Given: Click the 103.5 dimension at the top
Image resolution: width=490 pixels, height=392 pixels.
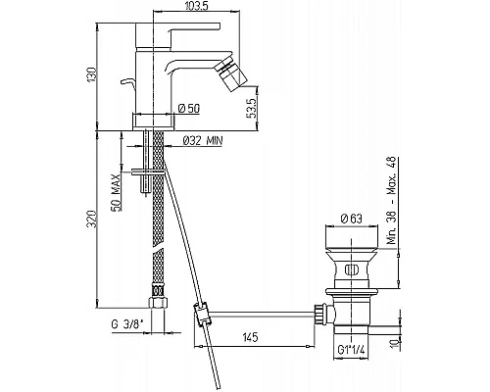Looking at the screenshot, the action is tap(196, 6).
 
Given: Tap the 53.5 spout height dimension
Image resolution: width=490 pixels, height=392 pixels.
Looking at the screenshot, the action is tap(252, 108).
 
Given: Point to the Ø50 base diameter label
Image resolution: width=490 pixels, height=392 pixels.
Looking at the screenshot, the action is tap(189, 108).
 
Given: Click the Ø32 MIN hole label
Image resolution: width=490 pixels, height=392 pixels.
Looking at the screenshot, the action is tap(203, 140).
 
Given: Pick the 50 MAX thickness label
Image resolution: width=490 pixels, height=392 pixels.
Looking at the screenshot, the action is tap(116, 192).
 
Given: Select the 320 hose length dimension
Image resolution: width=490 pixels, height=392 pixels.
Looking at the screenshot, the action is tap(92, 219).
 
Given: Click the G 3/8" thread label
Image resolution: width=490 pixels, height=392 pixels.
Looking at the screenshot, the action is tap(127, 324).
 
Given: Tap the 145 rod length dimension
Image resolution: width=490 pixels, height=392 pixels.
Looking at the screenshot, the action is tap(250, 336).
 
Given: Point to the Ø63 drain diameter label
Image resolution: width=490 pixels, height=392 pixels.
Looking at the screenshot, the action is tap(351, 219).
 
